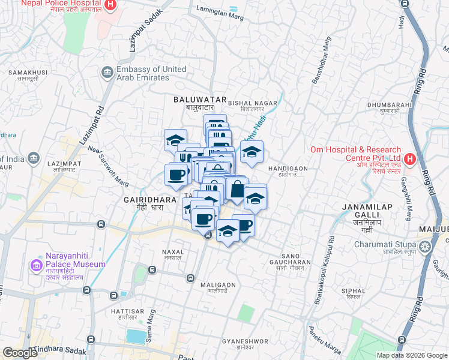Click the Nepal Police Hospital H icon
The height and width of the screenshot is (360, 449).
click(x=110, y=5)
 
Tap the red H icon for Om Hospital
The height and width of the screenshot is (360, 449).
click(x=410, y=159)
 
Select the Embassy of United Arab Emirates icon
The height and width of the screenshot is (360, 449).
click(x=107, y=73)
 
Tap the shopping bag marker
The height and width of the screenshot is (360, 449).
click(x=237, y=188)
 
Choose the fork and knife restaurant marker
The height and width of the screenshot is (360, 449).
click(x=184, y=158)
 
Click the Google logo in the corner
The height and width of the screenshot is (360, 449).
click(x=20, y=353)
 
